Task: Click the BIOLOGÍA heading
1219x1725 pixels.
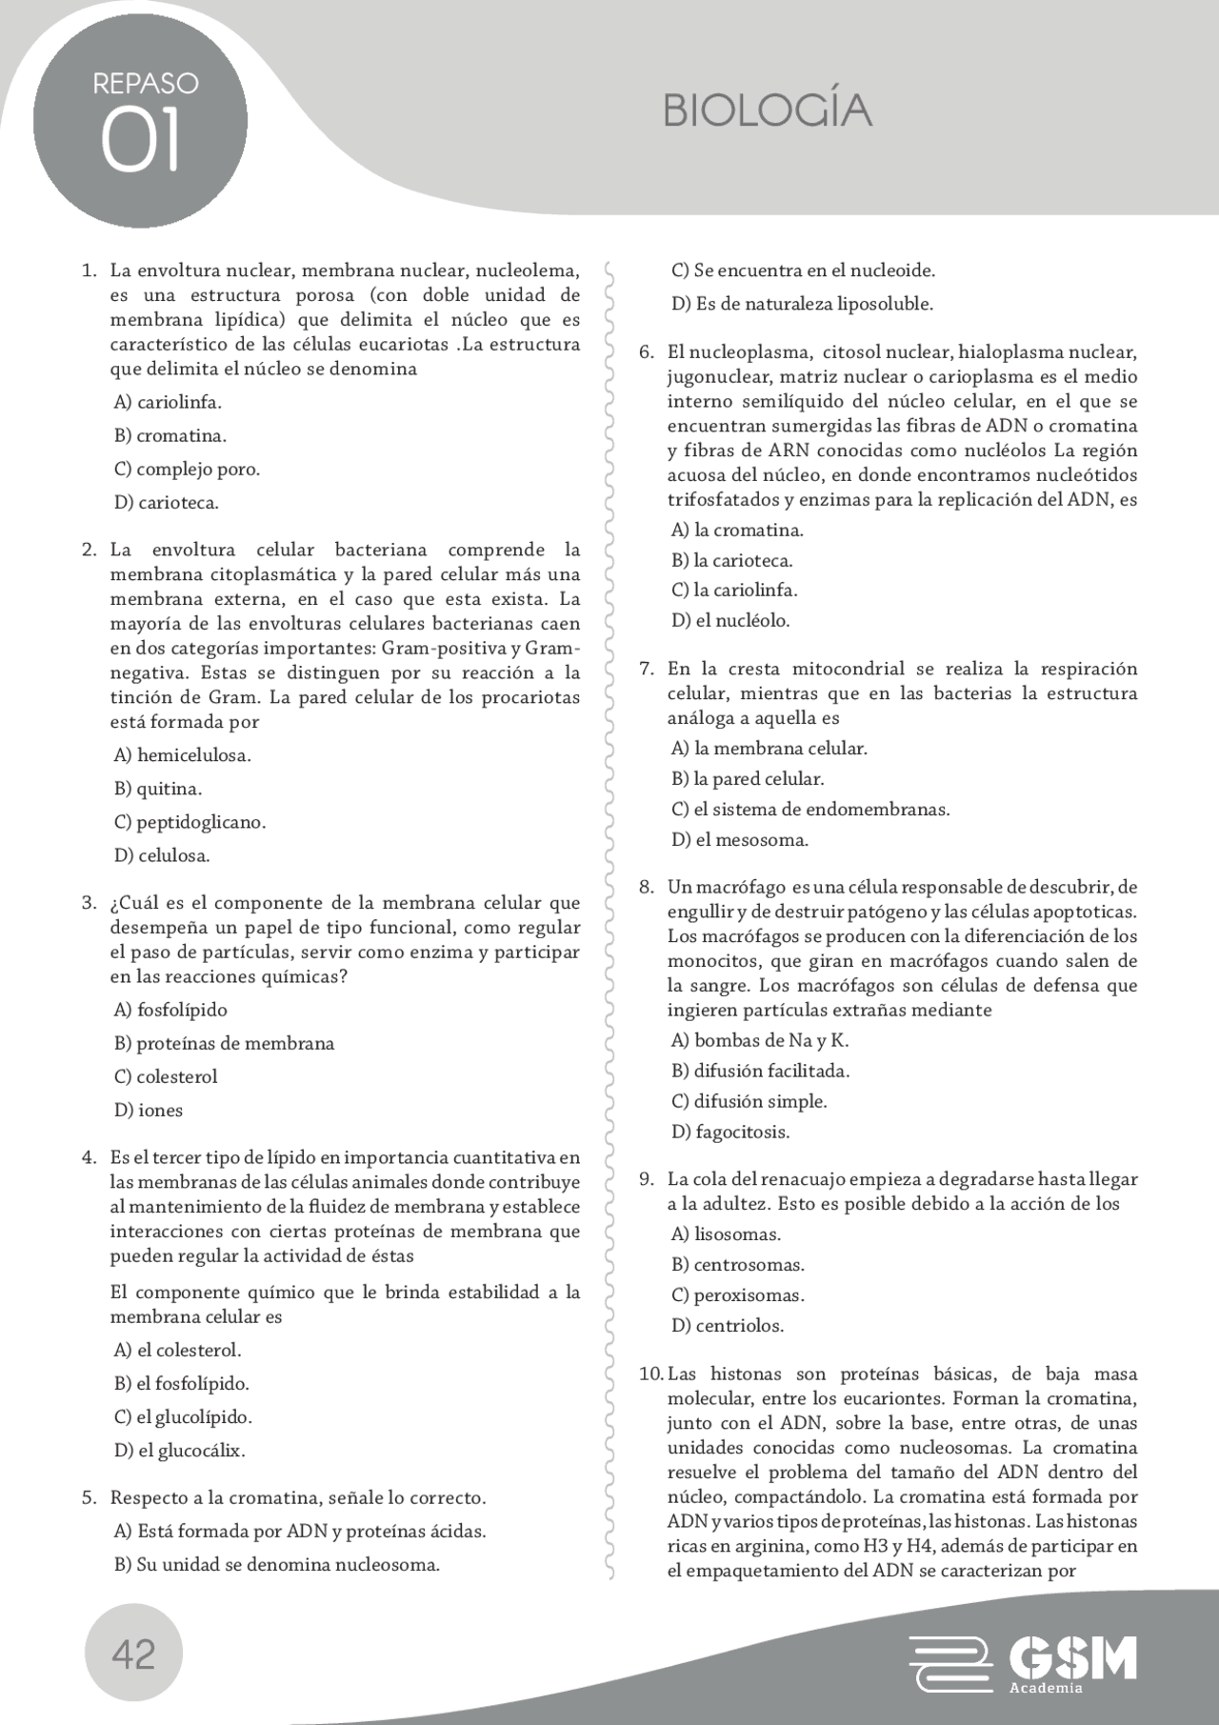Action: tap(767, 111)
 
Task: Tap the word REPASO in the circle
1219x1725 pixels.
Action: tap(145, 84)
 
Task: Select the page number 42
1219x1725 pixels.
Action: tap(133, 1655)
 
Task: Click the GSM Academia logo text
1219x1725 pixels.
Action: tap(1072, 1660)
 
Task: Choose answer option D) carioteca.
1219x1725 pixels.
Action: tap(167, 503)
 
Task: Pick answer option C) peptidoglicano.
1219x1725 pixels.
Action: tap(190, 822)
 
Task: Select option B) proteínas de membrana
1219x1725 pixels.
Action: tap(224, 1043)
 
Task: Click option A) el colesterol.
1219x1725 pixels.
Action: tap(177, 1350)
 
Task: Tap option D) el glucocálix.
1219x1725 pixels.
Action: tap(179, 1451)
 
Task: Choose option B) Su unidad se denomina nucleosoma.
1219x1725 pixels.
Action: tap(276, 1564)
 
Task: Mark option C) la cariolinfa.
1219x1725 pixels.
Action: tap(734, 591)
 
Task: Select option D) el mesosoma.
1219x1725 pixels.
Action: tap(739, 840)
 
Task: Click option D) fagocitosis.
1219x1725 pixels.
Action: tap(730, 1132)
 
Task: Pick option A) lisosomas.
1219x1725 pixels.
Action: tap(726, 1234)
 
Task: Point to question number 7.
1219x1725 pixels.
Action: tap(646, 669)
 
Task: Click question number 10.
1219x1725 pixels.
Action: tap(650, 1374)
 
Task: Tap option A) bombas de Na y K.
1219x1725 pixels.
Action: tap(759, 1040)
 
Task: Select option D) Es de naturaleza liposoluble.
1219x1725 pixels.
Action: tap(802, 304)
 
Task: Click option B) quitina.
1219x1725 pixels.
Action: tap(158, 789)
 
